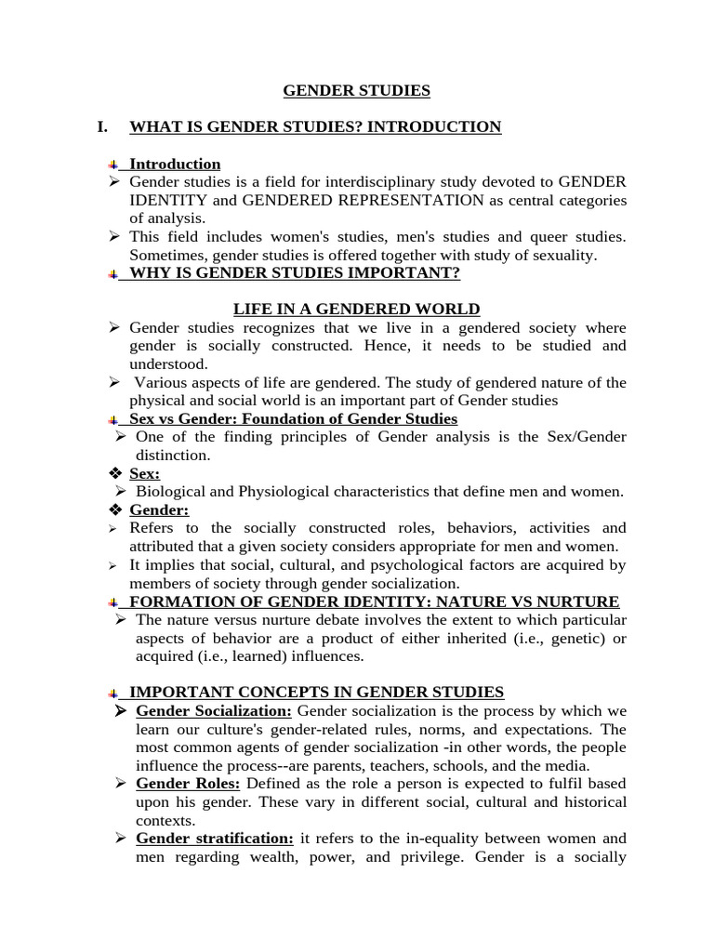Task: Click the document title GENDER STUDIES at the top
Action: [356, 91]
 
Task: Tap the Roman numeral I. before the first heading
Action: [103, 127]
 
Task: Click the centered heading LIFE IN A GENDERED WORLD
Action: [356, 310]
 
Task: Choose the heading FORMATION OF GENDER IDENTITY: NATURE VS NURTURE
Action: [374, 602]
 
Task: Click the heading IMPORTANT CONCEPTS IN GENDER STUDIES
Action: [316, 693]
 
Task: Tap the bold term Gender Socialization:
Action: [213, 711]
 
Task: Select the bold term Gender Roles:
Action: [188, 784]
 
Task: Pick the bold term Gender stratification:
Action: [214, 839]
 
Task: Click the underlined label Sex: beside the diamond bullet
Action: [144, 474]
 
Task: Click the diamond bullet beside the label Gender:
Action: [116, 510]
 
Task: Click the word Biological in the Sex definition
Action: [171, 492]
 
